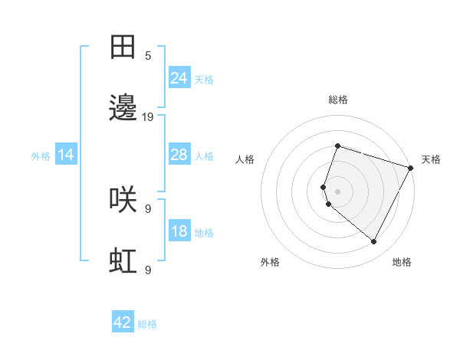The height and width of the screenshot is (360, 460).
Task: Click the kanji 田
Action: (123, 47)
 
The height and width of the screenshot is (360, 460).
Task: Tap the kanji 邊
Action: (123, 108)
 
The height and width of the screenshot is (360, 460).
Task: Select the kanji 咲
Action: (123, 200)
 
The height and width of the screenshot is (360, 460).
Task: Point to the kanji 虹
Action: (123, 261)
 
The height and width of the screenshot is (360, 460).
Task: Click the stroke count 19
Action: (148, 117)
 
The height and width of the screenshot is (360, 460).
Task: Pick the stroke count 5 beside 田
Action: (148, 56)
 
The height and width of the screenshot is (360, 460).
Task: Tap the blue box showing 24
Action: (179, 78)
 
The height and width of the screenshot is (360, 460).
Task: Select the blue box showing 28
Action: (179, 155)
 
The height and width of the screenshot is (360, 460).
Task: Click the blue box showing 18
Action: (179, 231)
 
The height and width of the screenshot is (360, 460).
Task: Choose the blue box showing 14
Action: (66, 155)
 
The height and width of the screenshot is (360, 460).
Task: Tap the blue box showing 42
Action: (123, 322)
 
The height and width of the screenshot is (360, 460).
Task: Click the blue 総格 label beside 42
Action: (147, 324)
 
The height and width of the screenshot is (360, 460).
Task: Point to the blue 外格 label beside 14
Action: (41, 156)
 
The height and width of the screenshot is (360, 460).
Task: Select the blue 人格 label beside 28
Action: (204, 156)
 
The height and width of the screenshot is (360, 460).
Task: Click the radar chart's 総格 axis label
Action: (337, 100)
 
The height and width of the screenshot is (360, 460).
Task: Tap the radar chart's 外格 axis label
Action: (270, 262)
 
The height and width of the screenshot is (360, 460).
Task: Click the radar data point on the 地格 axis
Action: (374, 242)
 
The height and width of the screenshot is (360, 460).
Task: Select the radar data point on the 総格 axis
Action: (337, 146)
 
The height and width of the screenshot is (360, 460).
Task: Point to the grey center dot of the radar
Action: (337, 191)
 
